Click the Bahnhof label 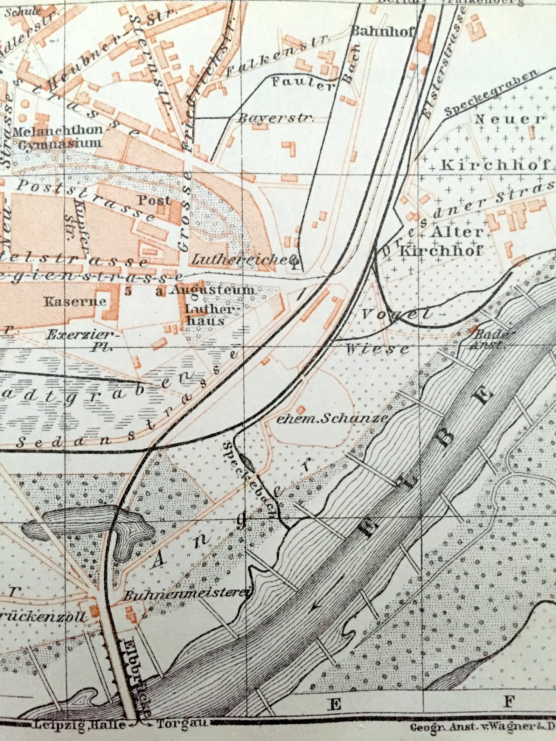coord(383,32)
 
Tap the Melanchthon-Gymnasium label coord(58,137)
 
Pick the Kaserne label coord(75,301)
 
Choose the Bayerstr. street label coord(275,118)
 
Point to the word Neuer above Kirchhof coord(509,119)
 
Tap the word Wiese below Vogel coord(377,349)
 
